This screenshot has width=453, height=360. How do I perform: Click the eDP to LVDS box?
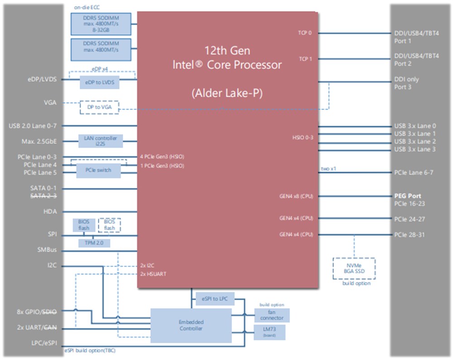click(x=99, y=83)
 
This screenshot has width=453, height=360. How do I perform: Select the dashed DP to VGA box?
click(x=99, y=107)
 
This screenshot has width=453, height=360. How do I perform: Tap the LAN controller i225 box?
click(x=100, y=141)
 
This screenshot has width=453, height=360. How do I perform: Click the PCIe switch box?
click(x=97, y=170)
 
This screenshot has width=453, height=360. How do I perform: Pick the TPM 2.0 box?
click(x=94, y=243)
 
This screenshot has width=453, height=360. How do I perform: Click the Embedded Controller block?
click(x=190, y=325)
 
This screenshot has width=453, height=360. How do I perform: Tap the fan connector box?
click(x=272, y=315)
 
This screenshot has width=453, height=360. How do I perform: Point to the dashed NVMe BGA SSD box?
click(x=354, y=268)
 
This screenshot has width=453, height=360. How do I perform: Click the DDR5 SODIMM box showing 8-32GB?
click(x=101, y=24)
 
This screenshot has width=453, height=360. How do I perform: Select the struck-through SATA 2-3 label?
click(x=43, y=196)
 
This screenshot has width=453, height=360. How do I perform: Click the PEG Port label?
click(x=408, y=196)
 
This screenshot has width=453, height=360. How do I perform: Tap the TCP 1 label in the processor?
click(x=305, y=59)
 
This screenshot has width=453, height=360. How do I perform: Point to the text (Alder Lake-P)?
click(x=227, y=93)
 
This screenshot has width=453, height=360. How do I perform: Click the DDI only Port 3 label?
click(x=407, y=83)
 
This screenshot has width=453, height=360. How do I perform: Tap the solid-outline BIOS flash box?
click(x=84, y=224)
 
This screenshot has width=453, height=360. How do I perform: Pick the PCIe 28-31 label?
click(x=410, y=235)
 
